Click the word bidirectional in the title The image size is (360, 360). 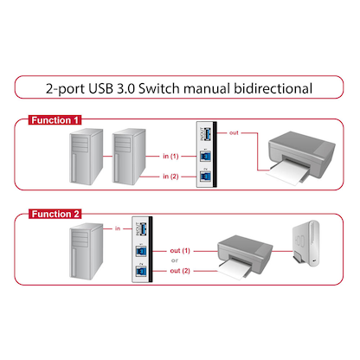coord(276,88)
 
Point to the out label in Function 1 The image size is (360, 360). coord(234,132)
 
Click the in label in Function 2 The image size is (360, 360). coord(117,228)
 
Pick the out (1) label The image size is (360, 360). coord(180,251)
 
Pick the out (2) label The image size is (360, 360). coord(180,271)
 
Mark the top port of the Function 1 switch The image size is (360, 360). coord(203,134)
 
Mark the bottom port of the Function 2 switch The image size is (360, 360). coord(139,271)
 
